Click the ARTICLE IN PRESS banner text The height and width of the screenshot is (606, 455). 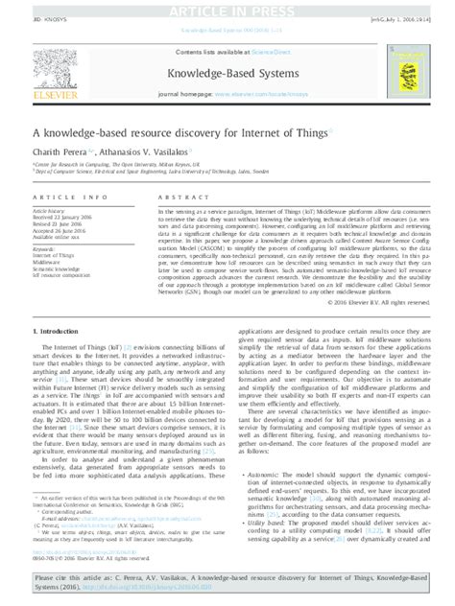coord(227,10)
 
